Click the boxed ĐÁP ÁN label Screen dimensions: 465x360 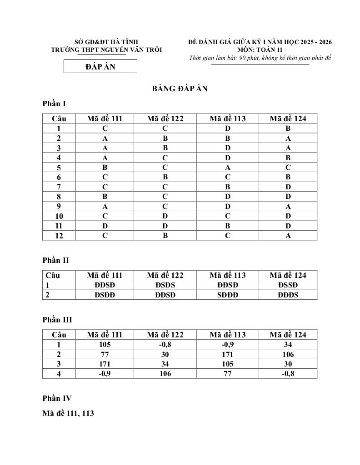point(100,67)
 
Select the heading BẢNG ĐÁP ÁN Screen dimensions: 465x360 point(180,89)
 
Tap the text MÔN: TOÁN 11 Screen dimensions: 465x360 point(260,50)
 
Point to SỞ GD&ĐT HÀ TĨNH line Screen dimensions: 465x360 point(106,42)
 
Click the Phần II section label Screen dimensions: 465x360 point(55,260)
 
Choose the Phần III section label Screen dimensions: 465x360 point(57,320)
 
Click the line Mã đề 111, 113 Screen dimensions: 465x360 point(68,414)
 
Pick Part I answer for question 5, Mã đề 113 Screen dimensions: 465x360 point(228,167)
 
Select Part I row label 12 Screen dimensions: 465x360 point(59,236)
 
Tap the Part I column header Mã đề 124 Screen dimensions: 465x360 point(288,119)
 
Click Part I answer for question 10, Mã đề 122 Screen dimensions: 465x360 point(165,216)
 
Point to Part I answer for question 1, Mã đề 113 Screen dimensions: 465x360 point(228,129)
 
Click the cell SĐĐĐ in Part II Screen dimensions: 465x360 point(228,295)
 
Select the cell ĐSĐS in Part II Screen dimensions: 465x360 point(165,285)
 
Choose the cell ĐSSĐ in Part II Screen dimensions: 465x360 point(288,285)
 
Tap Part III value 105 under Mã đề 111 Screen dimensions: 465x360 point(105,345)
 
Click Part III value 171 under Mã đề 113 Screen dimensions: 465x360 point(228,354)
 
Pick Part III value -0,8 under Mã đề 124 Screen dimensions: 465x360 point(288,374)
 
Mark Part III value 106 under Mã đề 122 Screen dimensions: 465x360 point(165,374)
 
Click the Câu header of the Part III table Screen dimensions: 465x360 point(59,335)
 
